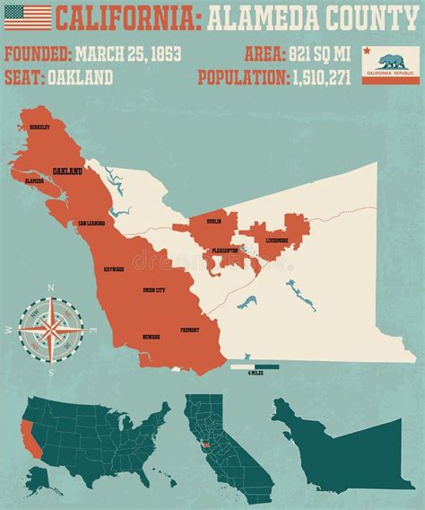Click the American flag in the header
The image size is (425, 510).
point(28,18)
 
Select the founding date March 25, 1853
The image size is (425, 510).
point(128,54)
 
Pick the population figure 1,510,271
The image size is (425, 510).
point(325,77)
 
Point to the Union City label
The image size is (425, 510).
point(154,290)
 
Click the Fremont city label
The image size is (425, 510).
point(190,330)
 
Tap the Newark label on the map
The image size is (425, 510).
point(151,337)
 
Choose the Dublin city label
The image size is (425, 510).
point(213,221)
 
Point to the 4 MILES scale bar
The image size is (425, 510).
point(255,366)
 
